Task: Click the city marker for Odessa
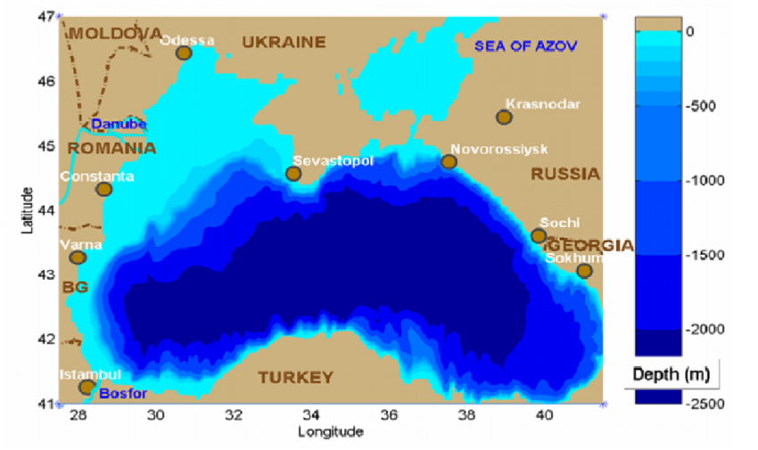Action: [x=184, y=53]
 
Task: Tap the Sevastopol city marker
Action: [x=293, y=174]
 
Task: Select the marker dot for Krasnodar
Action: [x=504, y=118]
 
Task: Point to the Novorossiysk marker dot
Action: [x=449, y=162]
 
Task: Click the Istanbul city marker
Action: [x=87, y=387]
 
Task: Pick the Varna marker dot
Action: [x=78, y=258]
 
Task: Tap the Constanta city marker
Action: [x=104, y=189]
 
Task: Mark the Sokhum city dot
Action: [x=584, y=271]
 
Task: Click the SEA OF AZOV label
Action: [x=526, y=45]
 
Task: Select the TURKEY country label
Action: [x=295, y=378]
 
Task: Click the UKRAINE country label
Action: [x=284, y=42]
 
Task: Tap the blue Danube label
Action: [x=119, y=125]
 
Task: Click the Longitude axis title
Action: [x=330, y=432]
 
